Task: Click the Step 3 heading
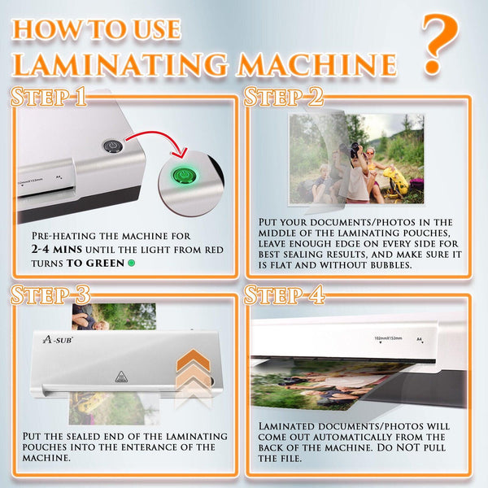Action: (x=50, y=294)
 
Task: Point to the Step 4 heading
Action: (x=284, y=294)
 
